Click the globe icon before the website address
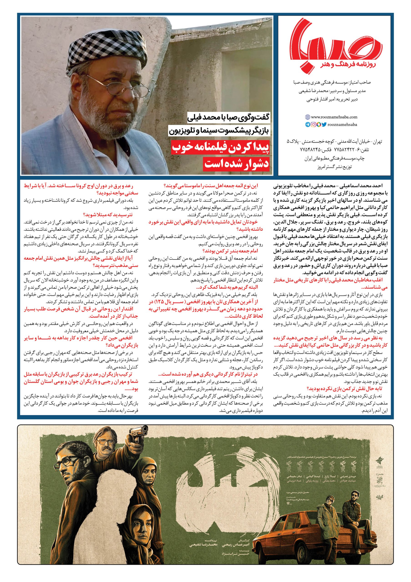pos(307,117)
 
